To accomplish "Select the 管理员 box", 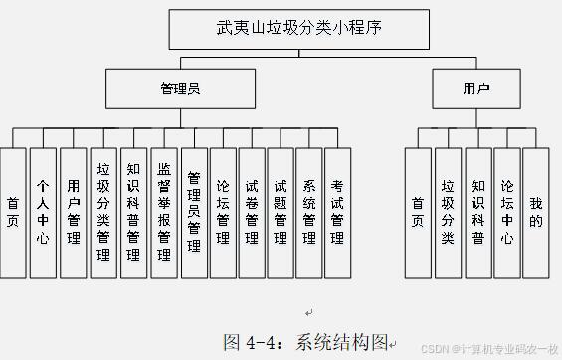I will (181, 89).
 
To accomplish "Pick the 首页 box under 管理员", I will (13, 212).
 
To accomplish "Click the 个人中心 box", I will (42, 212).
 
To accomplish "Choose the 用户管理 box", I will (73, 212).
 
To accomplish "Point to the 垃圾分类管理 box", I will (102, 212).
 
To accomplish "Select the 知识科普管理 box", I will (133, 212).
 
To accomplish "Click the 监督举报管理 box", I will (163, 212).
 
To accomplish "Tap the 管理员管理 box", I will (194, 212).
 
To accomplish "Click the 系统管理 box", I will (309, 212).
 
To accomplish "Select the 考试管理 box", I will (338, 212).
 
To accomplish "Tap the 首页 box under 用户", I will (418, 212).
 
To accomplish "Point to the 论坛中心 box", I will (507, 212).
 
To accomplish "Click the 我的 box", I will (536, 212).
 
